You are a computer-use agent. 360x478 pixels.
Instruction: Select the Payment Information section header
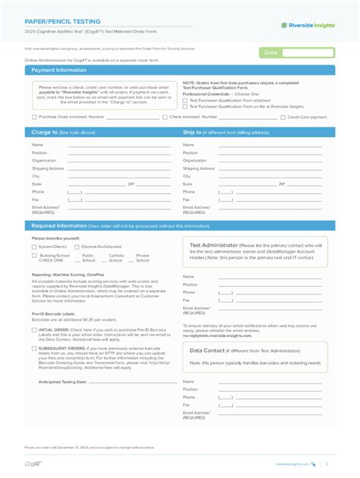click(x=59, y=70)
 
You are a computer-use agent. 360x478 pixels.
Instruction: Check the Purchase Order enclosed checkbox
click(x=34, y=118)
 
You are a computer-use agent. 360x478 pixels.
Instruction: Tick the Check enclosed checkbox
click(x=165, y=118)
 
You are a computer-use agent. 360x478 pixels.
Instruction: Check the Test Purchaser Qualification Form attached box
click(x=185, y=100)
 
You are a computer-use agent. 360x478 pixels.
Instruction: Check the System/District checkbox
click(x=34, y=247)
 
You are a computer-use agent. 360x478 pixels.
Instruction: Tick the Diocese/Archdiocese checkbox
click(x=77, y=247)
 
